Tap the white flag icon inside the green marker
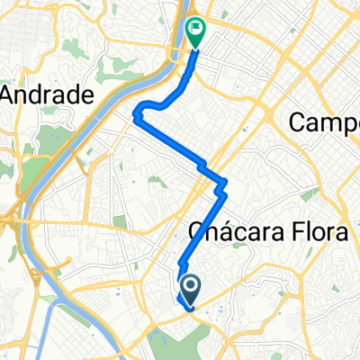click(x=196, y=28)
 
